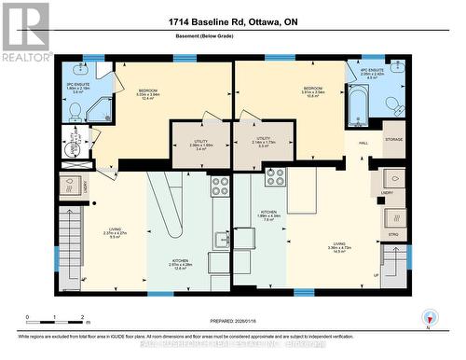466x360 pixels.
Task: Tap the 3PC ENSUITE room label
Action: click(77, 89)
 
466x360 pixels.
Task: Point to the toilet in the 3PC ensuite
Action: click(75, 111)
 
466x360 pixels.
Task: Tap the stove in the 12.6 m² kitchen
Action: click(220, 186)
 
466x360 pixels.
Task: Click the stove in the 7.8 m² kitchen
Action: click(275, 176)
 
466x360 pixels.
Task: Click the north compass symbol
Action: click(430, 317)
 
